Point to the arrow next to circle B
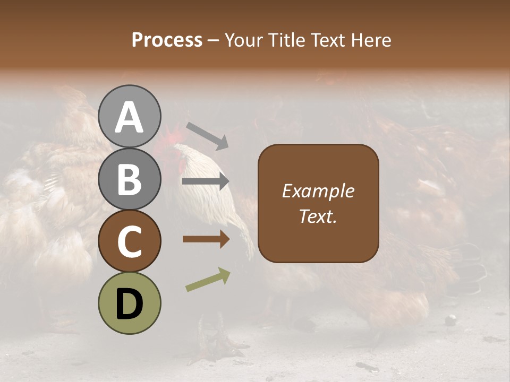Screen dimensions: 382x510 (x=206, y=181)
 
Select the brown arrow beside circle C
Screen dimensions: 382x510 (x=206, y=239)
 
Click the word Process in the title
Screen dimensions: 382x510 (x=167, y=40)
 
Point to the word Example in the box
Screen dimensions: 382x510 (x=318, y=191)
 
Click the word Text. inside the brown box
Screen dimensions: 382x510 (x=318, y=216)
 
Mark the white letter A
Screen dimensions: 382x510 (x=130, y=118)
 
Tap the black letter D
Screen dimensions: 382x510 (x=130, y=305)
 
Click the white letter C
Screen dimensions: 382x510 (x=130, y=242)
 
